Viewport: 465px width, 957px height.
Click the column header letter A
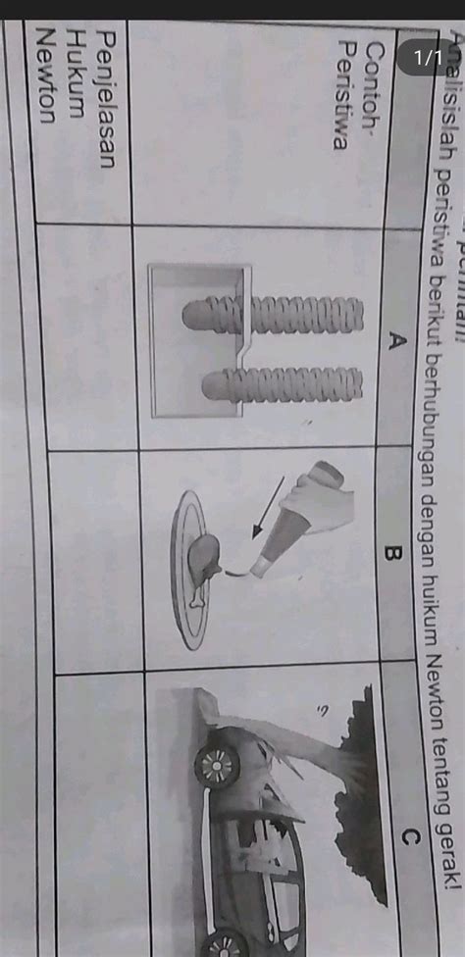click(396, 340)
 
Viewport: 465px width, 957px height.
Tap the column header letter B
click(392, 554)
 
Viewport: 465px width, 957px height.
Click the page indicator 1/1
click(426, 59)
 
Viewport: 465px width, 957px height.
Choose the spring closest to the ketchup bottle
click(283, 387)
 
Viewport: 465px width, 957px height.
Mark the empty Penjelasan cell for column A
click(88, 338)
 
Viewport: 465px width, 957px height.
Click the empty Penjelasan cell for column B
click(98, 559)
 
